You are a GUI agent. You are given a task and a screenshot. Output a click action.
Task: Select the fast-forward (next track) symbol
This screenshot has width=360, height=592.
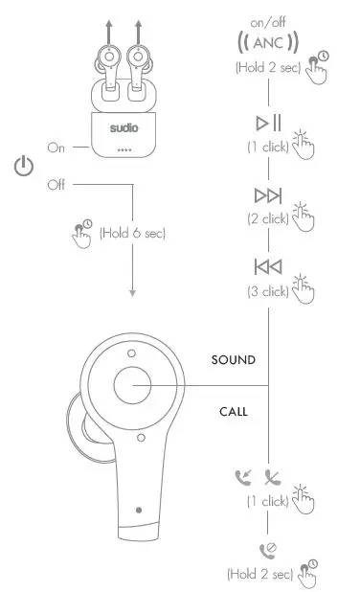tap(267, 195)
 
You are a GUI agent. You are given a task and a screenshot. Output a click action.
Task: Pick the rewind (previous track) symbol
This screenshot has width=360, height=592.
tap(267, 266)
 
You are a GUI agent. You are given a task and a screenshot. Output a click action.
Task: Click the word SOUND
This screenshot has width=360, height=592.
tap(233, 360)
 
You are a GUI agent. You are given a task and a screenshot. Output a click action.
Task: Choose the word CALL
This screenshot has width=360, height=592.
tap(233, 412)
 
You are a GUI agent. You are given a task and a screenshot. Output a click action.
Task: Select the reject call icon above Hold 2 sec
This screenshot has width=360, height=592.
tap(267, 551)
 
